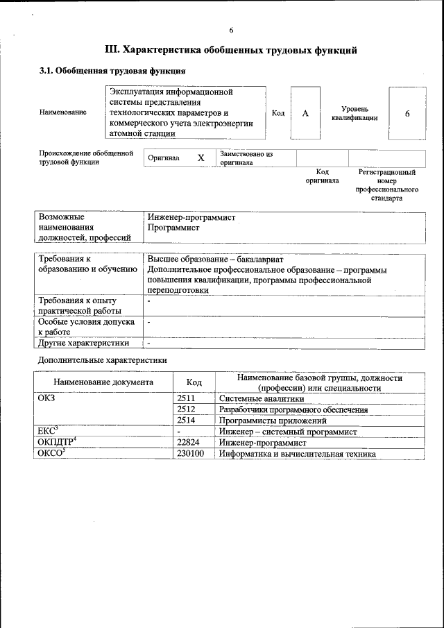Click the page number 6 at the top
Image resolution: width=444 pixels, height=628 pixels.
click(x=231, y=30)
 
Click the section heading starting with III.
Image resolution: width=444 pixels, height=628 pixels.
click(x=231, y=50)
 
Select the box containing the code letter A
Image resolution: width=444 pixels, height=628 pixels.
click(x=305, y=113)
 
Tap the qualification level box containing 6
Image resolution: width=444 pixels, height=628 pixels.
click(x=407, y=113)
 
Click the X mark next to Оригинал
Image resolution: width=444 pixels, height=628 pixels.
click(x=200, y=158)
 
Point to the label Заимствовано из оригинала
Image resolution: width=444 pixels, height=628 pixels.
click(x=246, y=158)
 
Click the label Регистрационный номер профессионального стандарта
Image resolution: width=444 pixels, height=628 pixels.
click(x=386, y=185)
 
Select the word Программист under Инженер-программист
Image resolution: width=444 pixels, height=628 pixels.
click(x=173, y=228)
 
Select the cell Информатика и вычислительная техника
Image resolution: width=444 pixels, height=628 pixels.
click(x=297, y=454)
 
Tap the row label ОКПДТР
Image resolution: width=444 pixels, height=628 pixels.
click(x=56, y=443)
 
